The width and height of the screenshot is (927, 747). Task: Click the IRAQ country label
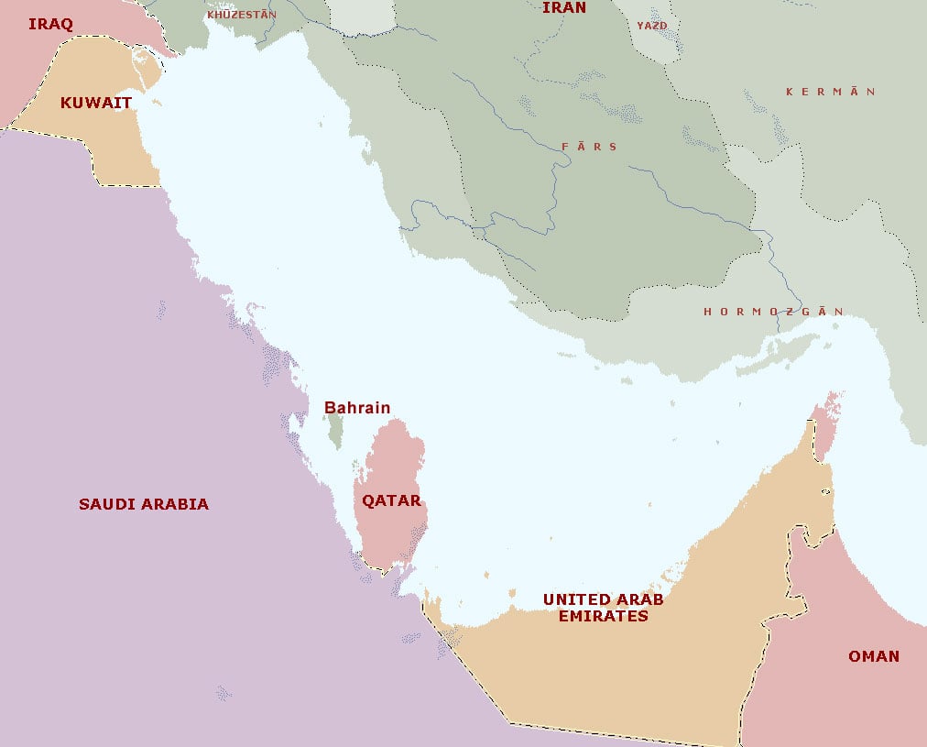(50, 23)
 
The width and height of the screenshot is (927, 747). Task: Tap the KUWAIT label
(96, 103)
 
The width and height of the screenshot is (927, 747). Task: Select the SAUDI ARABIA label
(144, 504)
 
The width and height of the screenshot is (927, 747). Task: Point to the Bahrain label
(357, 408)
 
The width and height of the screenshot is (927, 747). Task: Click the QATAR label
(391, 500)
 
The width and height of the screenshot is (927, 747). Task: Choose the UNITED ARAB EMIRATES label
(603, 608)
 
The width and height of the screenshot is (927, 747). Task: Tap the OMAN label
(873, 656)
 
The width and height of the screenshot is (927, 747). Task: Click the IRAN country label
(563, 8)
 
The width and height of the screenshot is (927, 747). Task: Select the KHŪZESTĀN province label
(242, 15)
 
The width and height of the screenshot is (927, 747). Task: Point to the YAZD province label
(652, 26)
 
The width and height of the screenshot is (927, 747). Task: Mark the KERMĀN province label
(830, 92)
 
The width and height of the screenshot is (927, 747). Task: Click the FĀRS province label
(590, 147)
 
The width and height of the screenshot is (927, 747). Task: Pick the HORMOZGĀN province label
(773, 312)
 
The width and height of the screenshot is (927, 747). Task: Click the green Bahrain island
(335, 431)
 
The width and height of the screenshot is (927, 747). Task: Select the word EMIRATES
(603, 616)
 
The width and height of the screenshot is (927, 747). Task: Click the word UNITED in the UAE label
(575, 599)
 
